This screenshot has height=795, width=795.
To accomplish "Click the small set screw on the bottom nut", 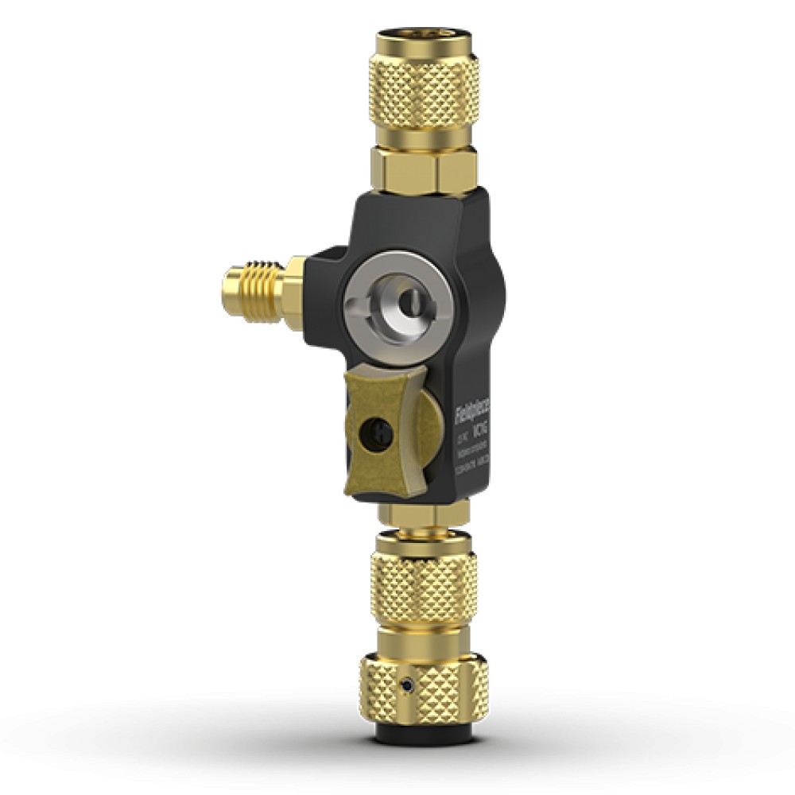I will point(407,684).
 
